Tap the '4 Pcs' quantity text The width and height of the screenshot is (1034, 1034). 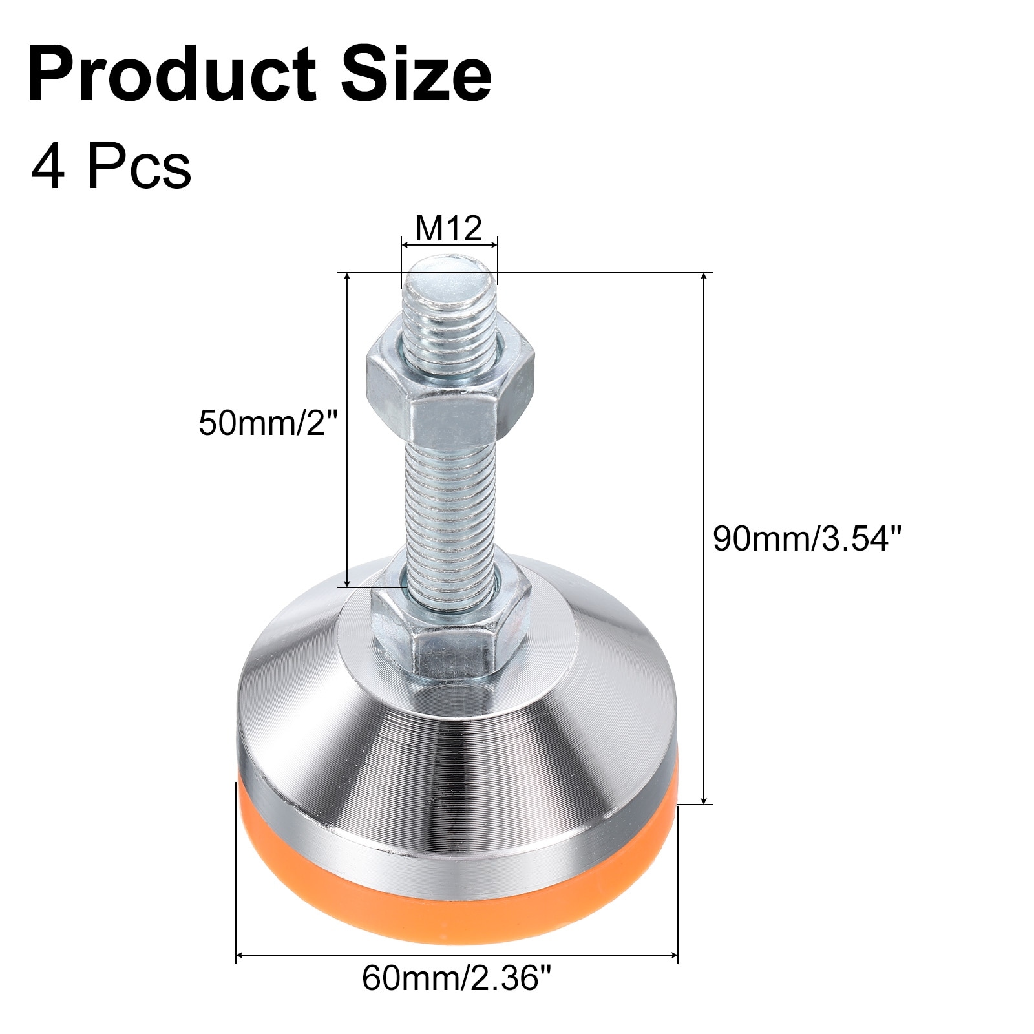111,167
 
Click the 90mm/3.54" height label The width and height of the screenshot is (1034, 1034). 806,538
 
